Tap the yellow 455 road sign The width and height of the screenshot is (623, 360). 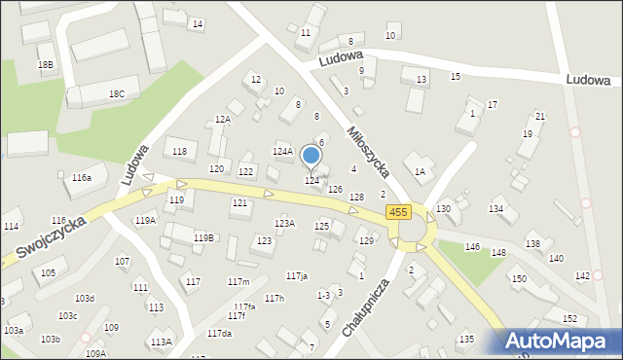click(x=397, y=212)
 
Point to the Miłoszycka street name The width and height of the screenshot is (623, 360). click(x=367, y=150)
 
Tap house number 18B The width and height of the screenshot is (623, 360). click(x=46, y=64)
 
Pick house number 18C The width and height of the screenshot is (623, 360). click(x=117, y=93)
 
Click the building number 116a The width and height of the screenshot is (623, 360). click(x=82, y=178)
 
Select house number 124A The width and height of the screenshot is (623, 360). click(x=282, y=152)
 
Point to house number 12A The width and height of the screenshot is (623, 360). click(x=223, y=119)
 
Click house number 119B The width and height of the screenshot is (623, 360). click(x=203, y=237)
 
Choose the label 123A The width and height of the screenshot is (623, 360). click(x=284, y=223)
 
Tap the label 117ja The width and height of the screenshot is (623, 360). click(x=297, y=276)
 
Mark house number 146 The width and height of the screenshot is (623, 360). click(x=472, y=247)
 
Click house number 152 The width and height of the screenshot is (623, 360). click(x=569, y=319)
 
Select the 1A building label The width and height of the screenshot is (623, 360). click(x=420, y=171)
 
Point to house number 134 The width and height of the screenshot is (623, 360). click(x=496, y=209)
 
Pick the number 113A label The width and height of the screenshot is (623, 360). click(x=161, y=342)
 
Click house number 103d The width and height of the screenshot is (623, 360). click(x=85, y=298)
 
